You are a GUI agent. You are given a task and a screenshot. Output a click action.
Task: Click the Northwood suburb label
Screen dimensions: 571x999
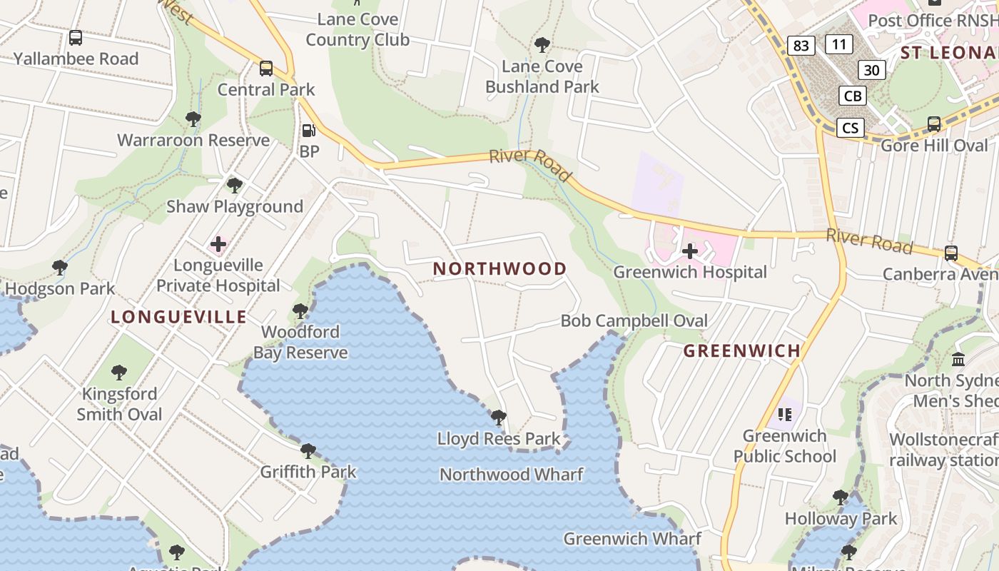pyautogui.click(x=499, y=269)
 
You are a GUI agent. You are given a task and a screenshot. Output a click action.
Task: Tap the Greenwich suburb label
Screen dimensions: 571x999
pyautogui.click(x=742, y=350)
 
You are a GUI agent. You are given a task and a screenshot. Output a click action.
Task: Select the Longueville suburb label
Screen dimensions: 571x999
pyautogui.click(x=178, y=317)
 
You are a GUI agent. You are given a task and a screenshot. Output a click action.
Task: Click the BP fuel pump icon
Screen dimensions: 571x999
pyautogui.click(x=309, y=131)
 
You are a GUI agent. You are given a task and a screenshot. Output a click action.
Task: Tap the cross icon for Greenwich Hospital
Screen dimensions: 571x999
pyautogui.click(x=689, y=251)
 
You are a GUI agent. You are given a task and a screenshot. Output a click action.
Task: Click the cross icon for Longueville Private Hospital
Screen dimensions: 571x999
pyautogui.click(x=218, y=245)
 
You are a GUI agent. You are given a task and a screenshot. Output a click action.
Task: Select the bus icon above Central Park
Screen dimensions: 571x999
pyautogui.click(x=266, y=69)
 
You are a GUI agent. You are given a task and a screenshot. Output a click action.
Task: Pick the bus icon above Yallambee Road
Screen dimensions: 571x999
pyautogui.click(x=76, y=38)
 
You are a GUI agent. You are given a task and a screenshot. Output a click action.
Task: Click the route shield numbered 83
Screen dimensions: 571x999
pyautogui.click(x=801, y=46)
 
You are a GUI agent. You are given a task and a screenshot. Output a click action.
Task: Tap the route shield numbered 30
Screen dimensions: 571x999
pyautogui.click(x=871, y=70)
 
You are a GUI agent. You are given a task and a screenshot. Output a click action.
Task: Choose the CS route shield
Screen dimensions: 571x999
pyautogui.click(x=850, y=128)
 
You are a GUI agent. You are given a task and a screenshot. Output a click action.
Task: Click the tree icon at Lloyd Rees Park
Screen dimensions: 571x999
pyautogui.click(x=499, y=417)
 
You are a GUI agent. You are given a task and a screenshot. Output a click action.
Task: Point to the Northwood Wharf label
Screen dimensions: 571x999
pyautogui.click(x=511, y=474)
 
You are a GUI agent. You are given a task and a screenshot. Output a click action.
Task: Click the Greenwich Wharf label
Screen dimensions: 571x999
pyautogui.click(x=632, y=538)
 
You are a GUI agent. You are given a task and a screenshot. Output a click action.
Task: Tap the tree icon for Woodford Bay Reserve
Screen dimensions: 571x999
pyautogui.click(x=300, y=311)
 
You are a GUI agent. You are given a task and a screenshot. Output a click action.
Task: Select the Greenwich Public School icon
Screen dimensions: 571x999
pyautogui.click(x=786, y=414)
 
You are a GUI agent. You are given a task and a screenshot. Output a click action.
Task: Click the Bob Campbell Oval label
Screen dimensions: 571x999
pyautogui.click(x=634, y=320)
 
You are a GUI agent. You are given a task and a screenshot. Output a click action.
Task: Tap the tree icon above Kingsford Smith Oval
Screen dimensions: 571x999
pyautogui.click(x=119, y=373)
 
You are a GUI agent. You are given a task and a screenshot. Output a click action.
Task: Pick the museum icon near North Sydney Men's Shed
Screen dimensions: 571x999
pyautogui.click(x=958, y=359)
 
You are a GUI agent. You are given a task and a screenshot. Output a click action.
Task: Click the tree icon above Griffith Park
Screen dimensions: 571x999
pyautogui.click(x=308, y=451)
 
